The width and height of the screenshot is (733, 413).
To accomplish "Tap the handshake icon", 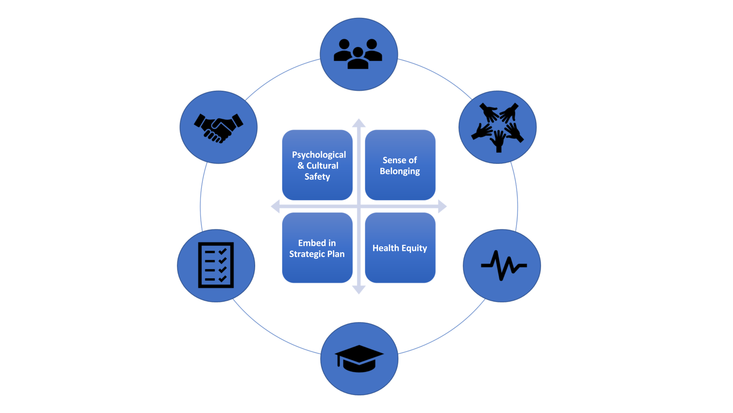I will coord(218,128).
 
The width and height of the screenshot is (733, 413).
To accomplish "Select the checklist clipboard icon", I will coord(216,265).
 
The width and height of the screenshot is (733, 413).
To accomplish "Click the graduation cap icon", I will coord(359,358).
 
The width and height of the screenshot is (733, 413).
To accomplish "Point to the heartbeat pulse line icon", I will coord(504,265).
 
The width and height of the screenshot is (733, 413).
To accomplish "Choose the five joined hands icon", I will coord(498,127).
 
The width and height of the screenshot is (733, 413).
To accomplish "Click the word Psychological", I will coord(319,155).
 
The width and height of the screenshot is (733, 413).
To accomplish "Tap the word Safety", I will coord(317,177).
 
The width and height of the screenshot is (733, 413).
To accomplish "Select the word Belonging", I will coord(400,171).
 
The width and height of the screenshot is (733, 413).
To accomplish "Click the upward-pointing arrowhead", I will coord(359,122).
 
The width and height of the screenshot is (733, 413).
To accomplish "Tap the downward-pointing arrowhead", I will coord(359,290).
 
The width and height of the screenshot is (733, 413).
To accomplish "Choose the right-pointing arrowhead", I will coord(443,206).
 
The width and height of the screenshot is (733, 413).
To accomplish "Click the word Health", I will coord(385,248).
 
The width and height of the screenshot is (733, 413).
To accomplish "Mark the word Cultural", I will coord(322,166).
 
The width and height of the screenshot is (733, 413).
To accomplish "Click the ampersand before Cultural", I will coord(301,166).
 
